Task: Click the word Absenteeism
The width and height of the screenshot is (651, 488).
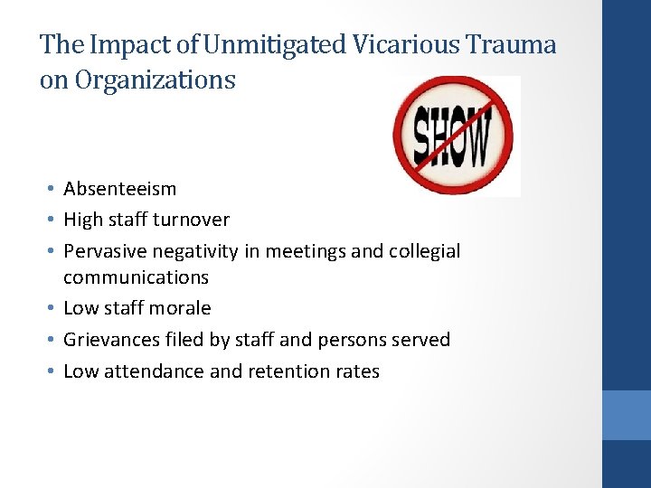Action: (119, 189)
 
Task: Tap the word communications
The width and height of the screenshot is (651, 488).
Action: (136, 277)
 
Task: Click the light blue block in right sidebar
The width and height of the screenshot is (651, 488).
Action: (627, 415)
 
